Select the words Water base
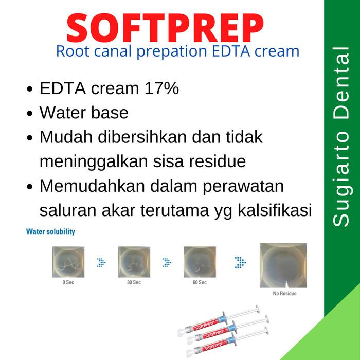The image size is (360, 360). [x=84, y=113]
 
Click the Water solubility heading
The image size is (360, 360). [x=50, y=232]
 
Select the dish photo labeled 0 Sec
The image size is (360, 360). [x=68, y=262]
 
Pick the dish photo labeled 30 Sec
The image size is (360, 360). [x=134, y=262]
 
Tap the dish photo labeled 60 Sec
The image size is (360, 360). [x=200, y=262]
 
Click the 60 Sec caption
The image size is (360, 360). [x=200, y=283]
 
